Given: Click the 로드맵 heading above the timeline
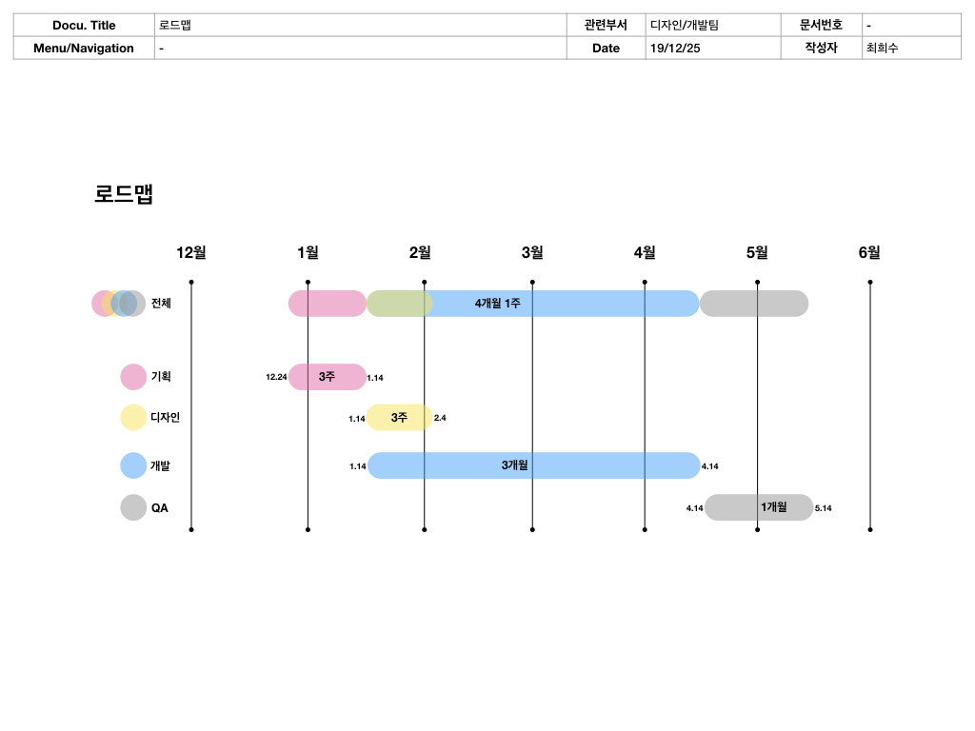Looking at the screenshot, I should pos(124,194).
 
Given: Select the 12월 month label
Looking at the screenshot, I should pos(191,252).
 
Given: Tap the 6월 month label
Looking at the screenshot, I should pos(869,252).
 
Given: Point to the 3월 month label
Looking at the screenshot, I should pos(532,252).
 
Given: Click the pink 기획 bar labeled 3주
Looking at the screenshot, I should pos(328,377).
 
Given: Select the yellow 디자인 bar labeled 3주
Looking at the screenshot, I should pos(400,417).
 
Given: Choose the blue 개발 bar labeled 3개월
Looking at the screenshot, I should pos(533,465).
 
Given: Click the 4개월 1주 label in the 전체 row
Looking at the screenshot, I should pos(498,304).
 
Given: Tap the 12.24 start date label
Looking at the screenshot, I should pos(276,377).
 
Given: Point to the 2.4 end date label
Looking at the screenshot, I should pos(440,418).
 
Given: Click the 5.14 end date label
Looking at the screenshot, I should pos(824,508).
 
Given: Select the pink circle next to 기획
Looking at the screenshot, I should pos(133,377).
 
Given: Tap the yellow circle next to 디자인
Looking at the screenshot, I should pos(133,417).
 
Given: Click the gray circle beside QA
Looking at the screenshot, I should pos(133,507).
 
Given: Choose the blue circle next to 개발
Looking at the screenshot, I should pos(133,465).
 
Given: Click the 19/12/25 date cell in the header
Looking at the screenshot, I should pos(675,49).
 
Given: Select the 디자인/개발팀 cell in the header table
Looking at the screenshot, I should pos(684,26).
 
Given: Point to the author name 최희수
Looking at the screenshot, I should pos(882,49).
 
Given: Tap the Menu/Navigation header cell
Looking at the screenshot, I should pos(84,49).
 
